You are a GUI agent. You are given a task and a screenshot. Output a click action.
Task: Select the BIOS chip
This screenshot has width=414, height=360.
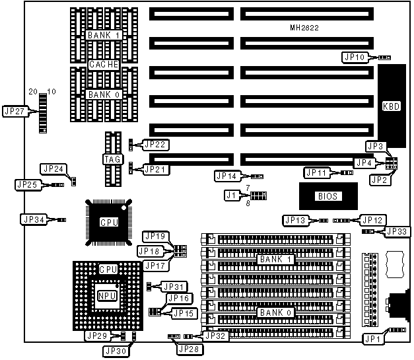(x=324, y=196)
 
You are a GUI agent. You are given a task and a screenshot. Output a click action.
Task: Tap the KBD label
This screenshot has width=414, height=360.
(x=390, y=105)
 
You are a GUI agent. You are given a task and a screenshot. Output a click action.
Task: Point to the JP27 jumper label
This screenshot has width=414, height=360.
(x=15, y=112)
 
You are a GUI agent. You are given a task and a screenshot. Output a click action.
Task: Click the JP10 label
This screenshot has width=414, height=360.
(x=354, y=57)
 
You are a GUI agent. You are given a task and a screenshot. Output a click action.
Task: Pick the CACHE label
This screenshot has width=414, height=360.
(x=104, y=65)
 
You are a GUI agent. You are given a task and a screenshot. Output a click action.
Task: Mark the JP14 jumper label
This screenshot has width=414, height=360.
(x=226, y=176)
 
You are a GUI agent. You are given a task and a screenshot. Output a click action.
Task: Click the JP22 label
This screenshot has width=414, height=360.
(x=155, y=144)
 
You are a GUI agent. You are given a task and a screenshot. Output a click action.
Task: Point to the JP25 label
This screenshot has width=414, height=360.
(x=26, y=184)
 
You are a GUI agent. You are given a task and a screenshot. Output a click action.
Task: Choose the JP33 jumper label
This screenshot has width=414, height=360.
(x=397, y=231)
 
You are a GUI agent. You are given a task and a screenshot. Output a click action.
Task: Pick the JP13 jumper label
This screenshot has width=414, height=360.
(x=295, y=220)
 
